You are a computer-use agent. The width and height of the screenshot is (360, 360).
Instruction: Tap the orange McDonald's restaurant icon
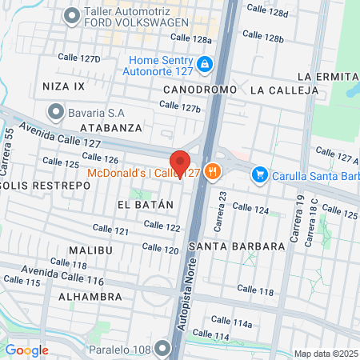point(212,170)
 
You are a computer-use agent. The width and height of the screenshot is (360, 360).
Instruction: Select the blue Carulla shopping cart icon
point(259,174)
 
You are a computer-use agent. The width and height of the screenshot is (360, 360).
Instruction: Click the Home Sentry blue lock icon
point(205,63)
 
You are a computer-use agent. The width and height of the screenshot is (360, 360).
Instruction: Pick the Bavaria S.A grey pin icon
point(55,110)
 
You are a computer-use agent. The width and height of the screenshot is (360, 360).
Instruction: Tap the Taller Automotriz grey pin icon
point(73,14)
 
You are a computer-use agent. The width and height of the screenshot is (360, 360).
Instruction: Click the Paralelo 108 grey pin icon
point(163,347)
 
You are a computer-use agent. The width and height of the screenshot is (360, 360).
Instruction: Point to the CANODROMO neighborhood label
point(200,90)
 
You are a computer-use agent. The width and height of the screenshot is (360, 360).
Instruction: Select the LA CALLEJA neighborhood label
point(279,90)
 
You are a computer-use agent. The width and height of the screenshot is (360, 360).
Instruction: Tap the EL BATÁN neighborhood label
point(145,204)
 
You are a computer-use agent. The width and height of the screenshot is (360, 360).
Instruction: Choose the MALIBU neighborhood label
point(87,250)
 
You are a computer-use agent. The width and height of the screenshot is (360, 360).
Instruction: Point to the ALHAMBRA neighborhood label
point(90,296)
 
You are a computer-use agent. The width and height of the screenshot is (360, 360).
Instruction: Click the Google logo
point(27,350)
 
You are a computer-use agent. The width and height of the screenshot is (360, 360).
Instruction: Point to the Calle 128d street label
point(267,10)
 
